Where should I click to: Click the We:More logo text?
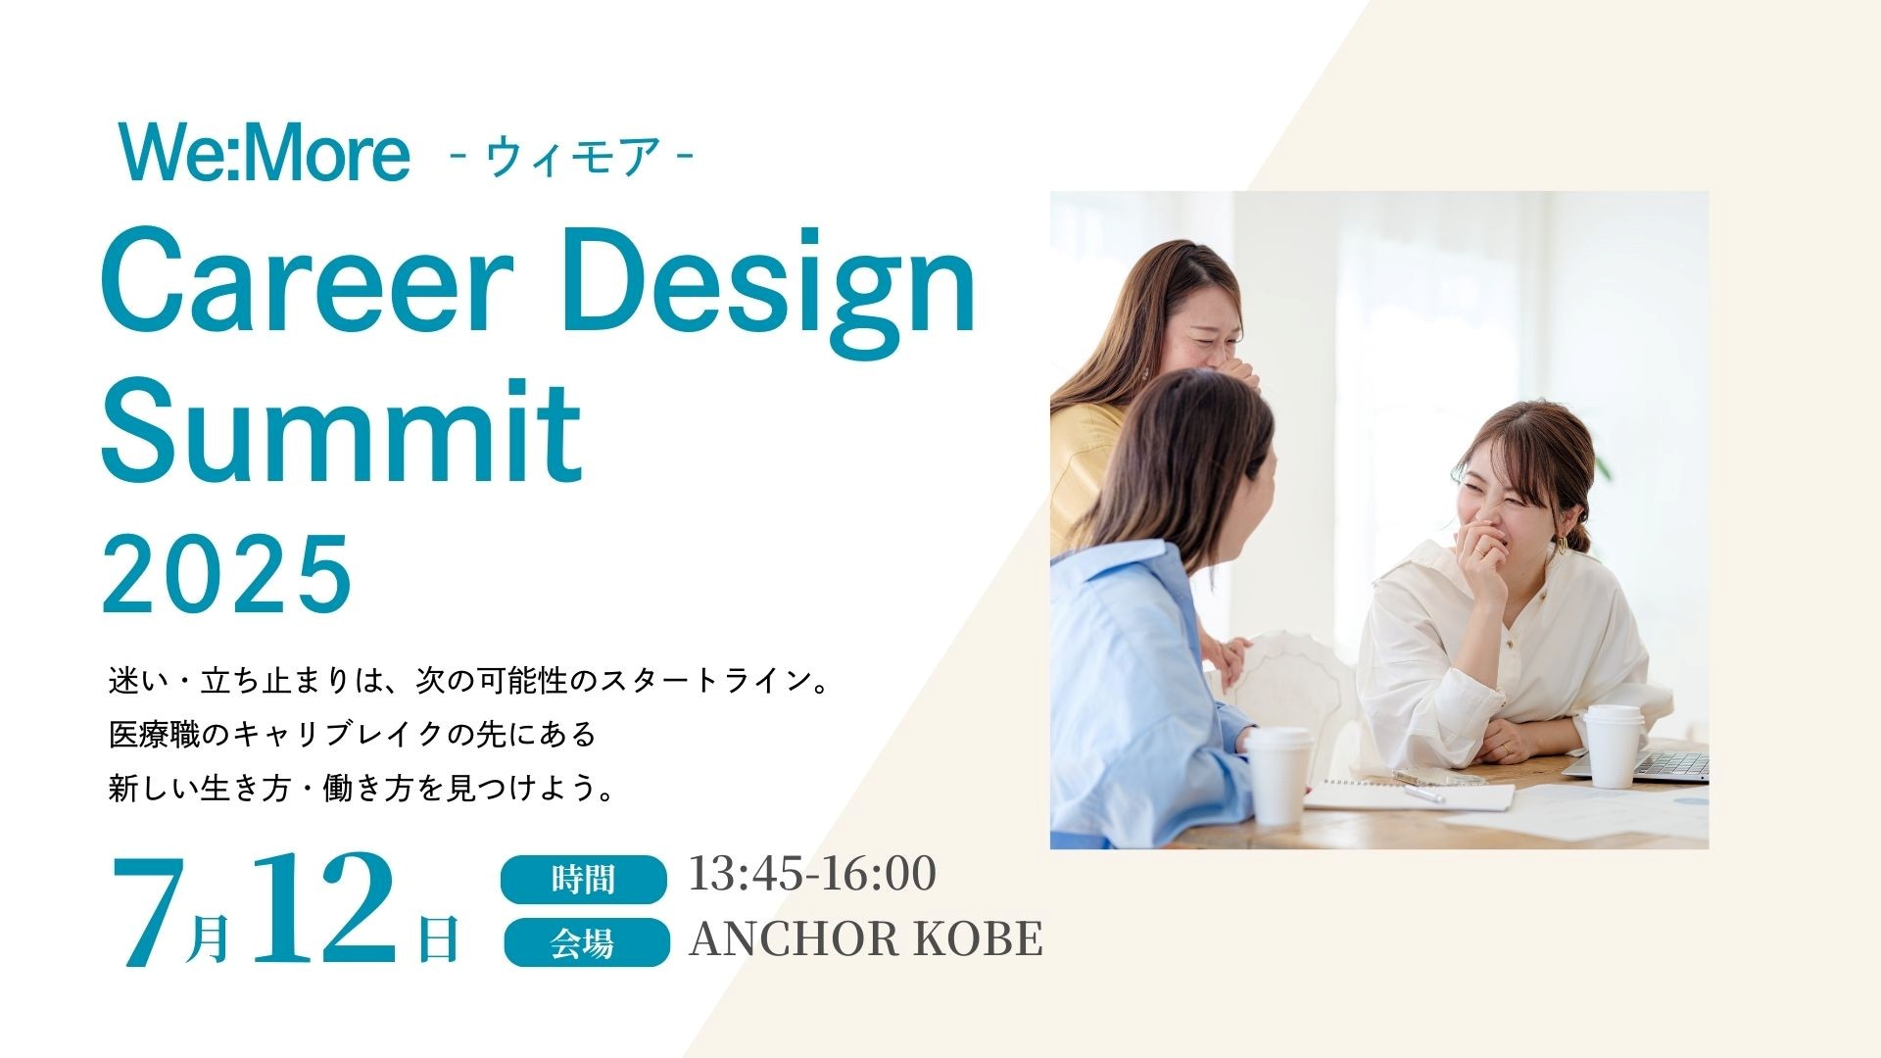(x=264, y=154)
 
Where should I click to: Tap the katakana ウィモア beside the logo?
(x=572, y=157)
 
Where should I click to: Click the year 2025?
(x=226, y=573)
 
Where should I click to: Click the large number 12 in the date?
(x=324, y=907)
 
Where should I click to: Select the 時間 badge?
(x=584, y=879)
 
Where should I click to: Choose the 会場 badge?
(x=586, y=942)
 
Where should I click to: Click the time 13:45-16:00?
(x=812, y=874)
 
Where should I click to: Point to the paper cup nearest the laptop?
(x=1612, y=745)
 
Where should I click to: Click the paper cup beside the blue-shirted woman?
(x=1278, y=775)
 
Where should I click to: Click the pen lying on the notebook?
(x=1422, y=793)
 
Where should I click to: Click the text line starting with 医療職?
(x=353, y=735)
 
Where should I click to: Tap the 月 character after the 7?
(x=208, y=938)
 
